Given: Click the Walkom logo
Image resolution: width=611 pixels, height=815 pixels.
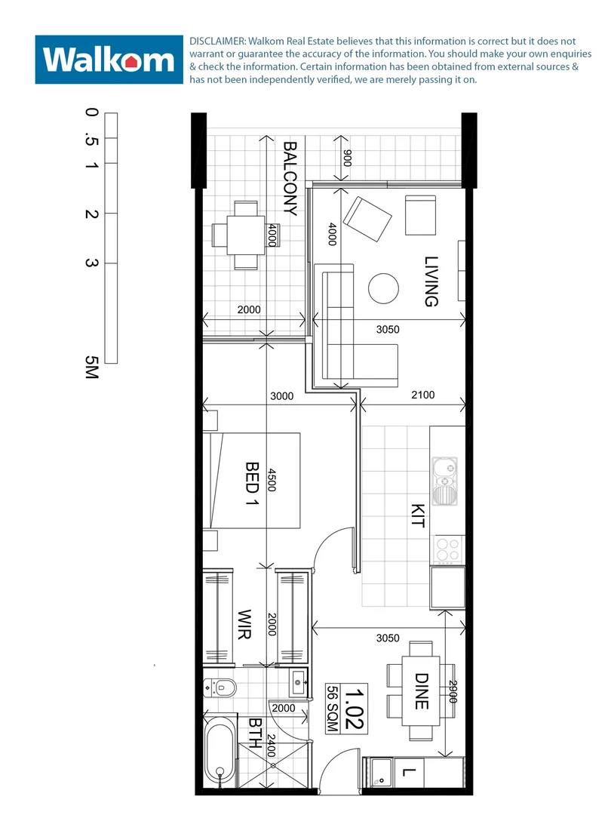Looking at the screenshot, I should (x=110, y=59).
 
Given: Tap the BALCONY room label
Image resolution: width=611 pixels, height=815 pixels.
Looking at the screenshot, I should (x=290, y=179).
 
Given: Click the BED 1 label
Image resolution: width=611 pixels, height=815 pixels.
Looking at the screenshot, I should (x=252, y=483).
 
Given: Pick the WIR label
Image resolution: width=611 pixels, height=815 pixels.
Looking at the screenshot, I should (x=244, y=625).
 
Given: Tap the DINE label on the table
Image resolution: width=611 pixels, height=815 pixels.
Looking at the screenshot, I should (x=421, y=692).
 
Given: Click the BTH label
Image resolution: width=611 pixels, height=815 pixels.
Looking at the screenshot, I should (x=255, y=733).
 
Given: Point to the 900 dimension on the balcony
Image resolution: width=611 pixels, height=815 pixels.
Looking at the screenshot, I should (x=348, y=158).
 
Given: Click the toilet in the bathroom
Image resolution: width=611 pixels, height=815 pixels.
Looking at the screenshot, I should (x=220, y=687).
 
